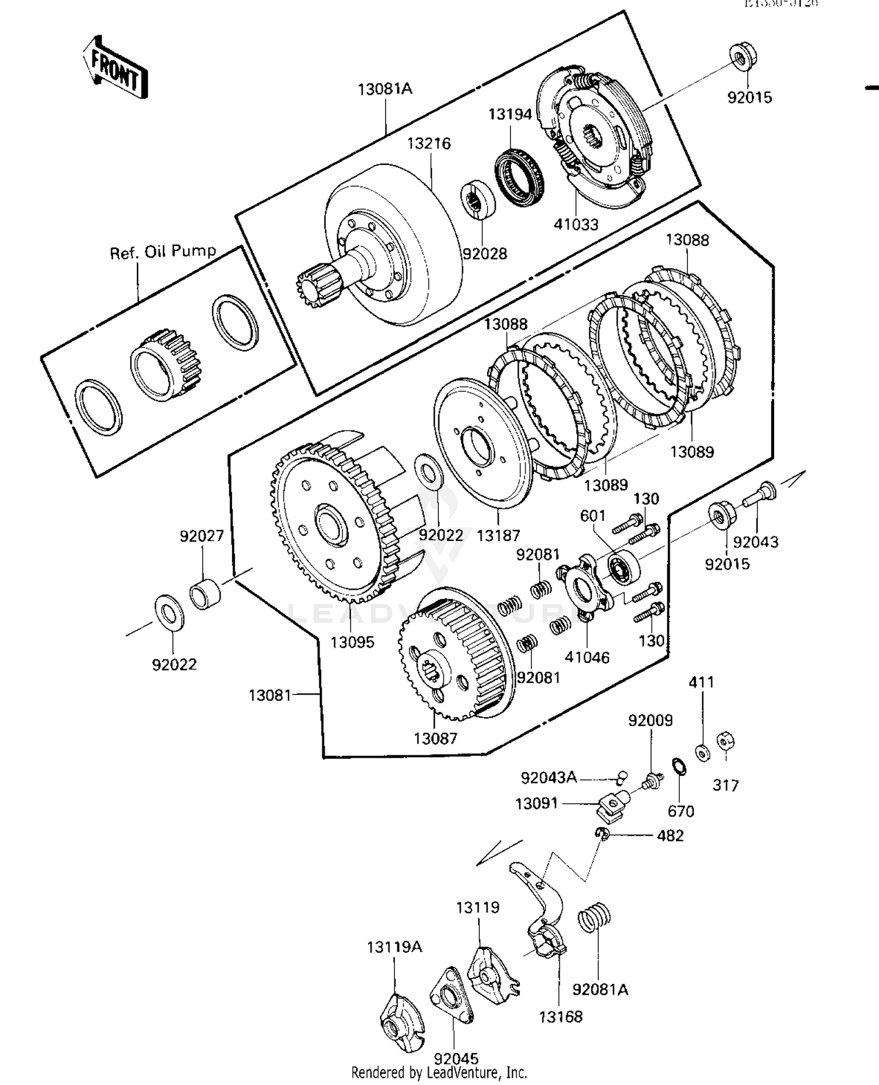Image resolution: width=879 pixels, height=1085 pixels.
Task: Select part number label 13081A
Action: (385, 89)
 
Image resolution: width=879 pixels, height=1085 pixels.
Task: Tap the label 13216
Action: (429, 143)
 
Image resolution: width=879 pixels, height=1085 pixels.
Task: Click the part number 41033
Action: (576, 224)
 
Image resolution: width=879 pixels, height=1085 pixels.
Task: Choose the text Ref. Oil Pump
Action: (163, 252)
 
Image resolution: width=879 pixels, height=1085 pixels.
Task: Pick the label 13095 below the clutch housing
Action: (352, 642)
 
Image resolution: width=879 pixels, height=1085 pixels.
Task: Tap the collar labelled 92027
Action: (206, 594)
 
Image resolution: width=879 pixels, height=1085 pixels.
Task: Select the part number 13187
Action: (498, 535)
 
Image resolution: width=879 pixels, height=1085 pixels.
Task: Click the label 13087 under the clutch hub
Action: (435, 738)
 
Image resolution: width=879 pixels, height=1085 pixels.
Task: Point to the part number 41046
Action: (587, 658)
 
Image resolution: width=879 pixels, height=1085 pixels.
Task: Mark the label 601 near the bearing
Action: (592, 516)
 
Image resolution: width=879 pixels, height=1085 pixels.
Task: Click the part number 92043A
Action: (549, 778)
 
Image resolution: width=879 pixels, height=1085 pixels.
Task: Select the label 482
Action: (670, 836)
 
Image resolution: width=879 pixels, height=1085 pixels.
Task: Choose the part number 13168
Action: (561, 1017)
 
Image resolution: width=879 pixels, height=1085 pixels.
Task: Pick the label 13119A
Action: (394, 947)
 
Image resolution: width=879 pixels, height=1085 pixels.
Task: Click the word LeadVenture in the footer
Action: (458, 1073)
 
